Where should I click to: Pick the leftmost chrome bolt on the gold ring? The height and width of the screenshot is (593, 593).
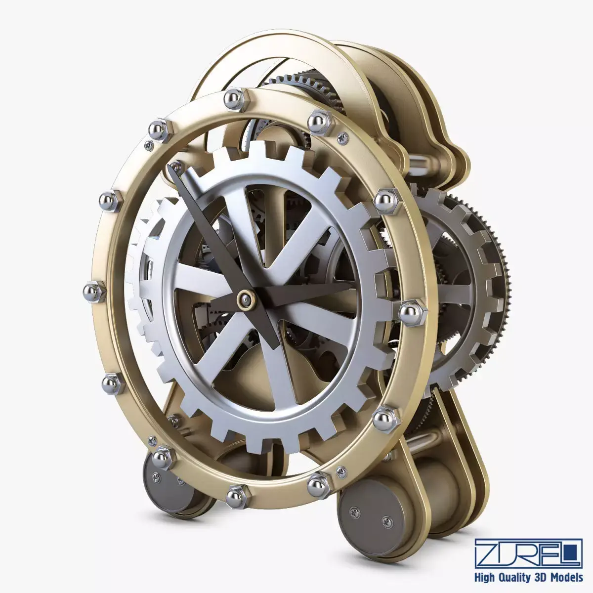(x=94, y=291)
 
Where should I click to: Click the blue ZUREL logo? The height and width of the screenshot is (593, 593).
(x=528, y=553)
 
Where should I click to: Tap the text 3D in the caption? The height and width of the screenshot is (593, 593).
(x=540, y=577)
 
